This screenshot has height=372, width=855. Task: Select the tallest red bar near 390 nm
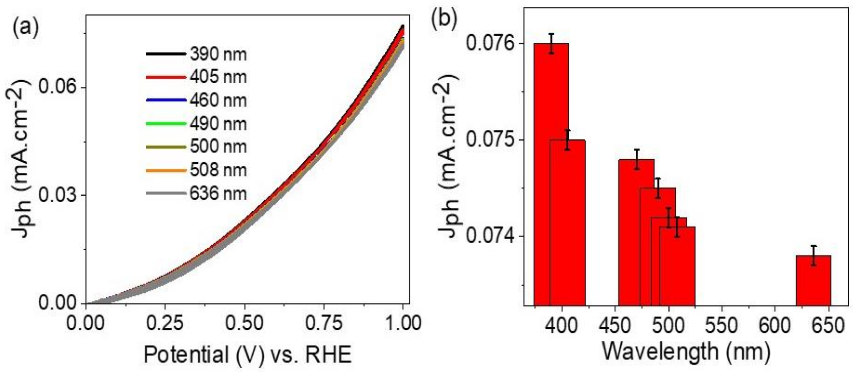551,174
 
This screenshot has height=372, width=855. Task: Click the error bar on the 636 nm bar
813,255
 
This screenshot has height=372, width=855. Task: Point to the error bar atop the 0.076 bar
551,43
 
